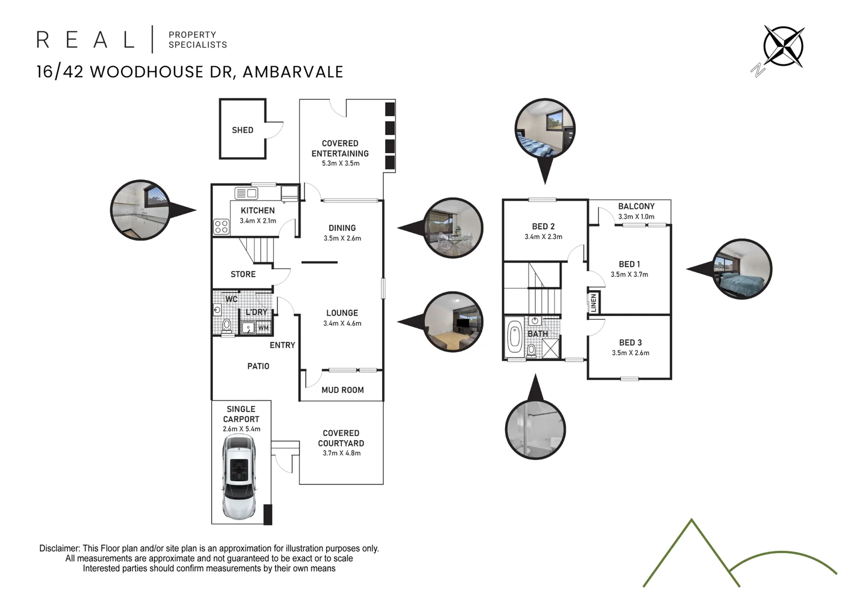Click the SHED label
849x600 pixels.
click(x=243, y=130)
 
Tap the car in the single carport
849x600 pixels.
click(x=239, y=477)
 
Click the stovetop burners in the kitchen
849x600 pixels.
click(x=221, y=227)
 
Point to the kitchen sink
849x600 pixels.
click(x=246, y=193)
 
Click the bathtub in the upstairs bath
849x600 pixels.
click(x=514, y=337)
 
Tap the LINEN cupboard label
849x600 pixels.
click(x=593, y=303)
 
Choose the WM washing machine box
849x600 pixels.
click(x=264, y=327)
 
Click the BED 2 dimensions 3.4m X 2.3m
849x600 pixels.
click(x=543, y=237)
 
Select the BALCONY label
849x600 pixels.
click(x=636, y=206)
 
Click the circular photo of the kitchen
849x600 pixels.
click(x=140, y=210)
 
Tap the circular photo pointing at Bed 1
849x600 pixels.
click(x=742, y=269)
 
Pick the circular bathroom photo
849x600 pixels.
click(x=535, y=429)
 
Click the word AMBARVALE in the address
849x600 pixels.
click(x=293, y=72)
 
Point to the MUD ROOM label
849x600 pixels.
click(x=343, y=390)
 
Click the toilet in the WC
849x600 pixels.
click(x=226, y=326)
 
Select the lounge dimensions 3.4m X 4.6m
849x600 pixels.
click(x=342, y=323)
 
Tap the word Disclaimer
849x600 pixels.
click(x=59, y=548)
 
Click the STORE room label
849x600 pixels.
click(x=243, y=274)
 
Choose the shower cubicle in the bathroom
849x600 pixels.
click(x=550, y=348)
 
